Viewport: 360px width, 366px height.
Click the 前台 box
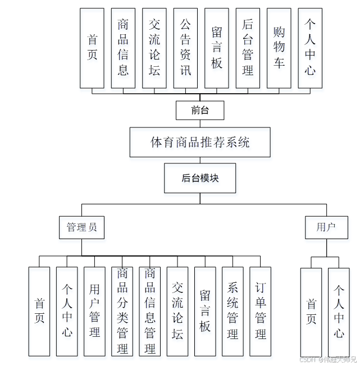199,110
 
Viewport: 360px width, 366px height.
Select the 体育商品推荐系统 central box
200,142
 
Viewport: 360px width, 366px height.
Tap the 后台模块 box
200,178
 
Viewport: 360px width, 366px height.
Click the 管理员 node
81,227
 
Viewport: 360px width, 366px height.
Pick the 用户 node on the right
326,227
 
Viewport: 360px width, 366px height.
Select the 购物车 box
279,48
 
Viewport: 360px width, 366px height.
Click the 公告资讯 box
185,48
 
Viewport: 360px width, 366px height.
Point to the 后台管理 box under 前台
248,48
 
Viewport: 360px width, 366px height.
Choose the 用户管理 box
94,311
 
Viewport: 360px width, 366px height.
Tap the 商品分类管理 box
122,311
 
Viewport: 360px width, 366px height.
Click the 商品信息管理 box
150,311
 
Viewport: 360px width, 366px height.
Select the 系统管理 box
233,311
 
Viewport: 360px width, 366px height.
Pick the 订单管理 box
260,311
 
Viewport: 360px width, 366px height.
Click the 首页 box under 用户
311,312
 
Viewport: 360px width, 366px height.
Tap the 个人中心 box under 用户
339,312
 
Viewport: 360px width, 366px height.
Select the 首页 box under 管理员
39,311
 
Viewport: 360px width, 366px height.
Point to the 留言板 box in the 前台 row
217,48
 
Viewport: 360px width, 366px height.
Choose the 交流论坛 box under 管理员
177,311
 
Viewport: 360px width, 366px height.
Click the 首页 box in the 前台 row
92,48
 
